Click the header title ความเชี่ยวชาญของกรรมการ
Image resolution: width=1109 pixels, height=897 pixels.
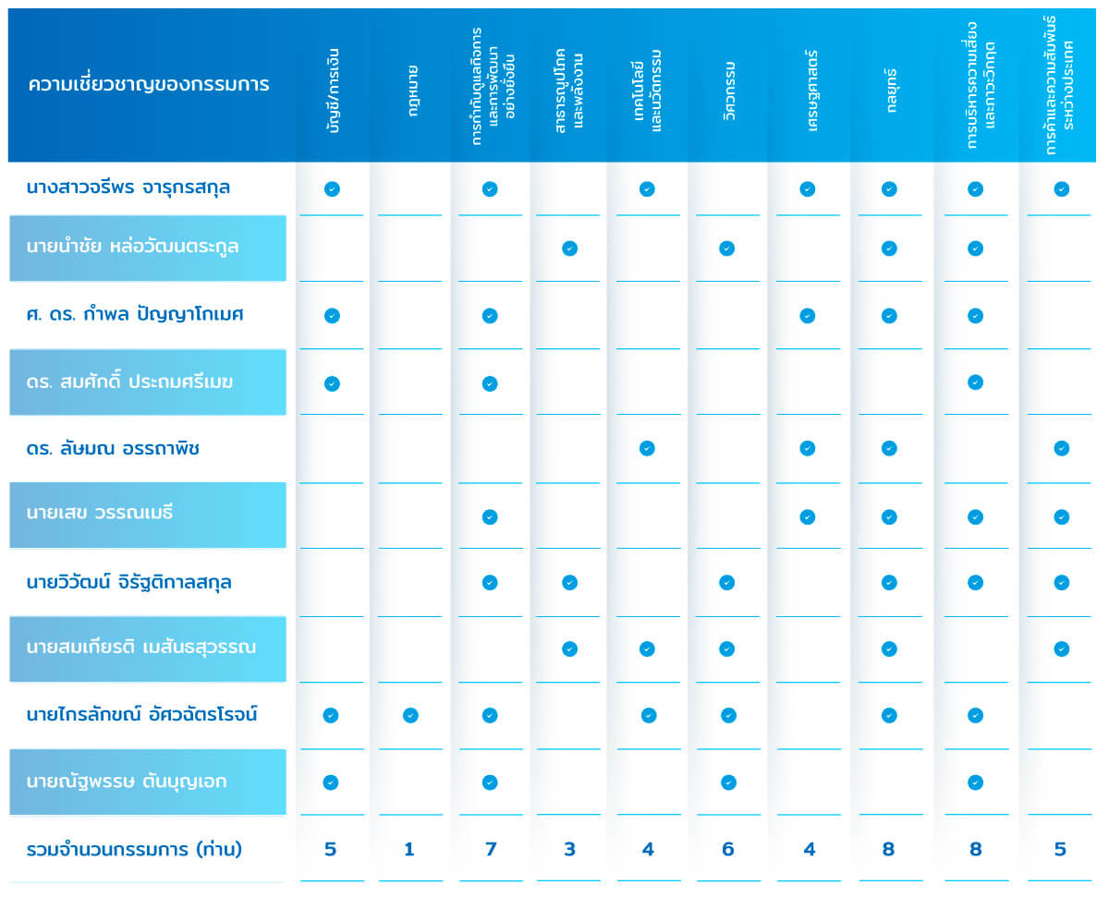(149, 85)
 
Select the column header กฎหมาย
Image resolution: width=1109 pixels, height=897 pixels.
(410, 84)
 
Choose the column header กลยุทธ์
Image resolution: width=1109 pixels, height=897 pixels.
(889, 85)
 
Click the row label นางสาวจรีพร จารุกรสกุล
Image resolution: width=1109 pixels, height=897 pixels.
(128, 188)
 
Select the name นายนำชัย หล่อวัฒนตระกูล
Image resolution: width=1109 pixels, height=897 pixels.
(133, 248)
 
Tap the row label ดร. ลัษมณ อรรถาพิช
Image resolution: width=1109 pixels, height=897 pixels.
(114, 449)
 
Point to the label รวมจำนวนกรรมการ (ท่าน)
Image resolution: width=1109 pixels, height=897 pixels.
(135, 849)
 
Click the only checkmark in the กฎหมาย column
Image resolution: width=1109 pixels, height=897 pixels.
(410, 715)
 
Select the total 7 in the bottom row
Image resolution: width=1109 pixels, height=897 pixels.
(490, 849)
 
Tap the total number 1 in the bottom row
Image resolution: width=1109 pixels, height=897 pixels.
(409, 849)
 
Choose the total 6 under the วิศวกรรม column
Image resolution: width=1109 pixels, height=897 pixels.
(728, 849)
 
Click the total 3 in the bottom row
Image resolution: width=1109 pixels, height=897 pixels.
(569, 849)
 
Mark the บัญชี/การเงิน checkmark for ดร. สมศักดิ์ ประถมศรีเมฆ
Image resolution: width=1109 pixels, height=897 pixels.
(332, 383)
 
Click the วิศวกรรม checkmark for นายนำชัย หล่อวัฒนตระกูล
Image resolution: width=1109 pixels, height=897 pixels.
(727, 248)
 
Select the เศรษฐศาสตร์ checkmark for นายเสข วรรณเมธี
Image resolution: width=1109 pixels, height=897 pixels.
(807, 516)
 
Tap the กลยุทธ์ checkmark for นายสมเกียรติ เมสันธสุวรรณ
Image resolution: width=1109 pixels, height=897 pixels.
(889, 649)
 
